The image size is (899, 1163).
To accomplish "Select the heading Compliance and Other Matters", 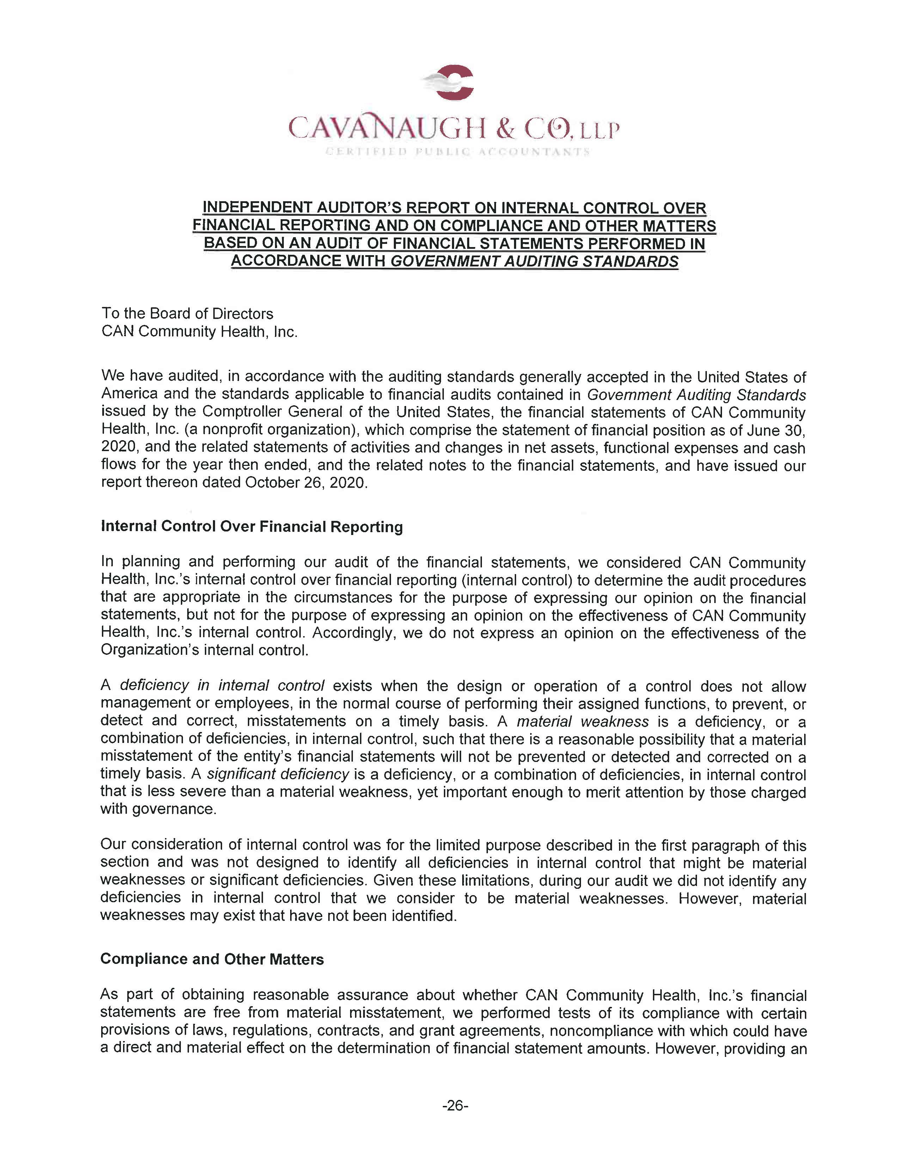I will click(212, 959).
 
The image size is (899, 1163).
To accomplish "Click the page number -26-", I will click(455, 1106).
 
